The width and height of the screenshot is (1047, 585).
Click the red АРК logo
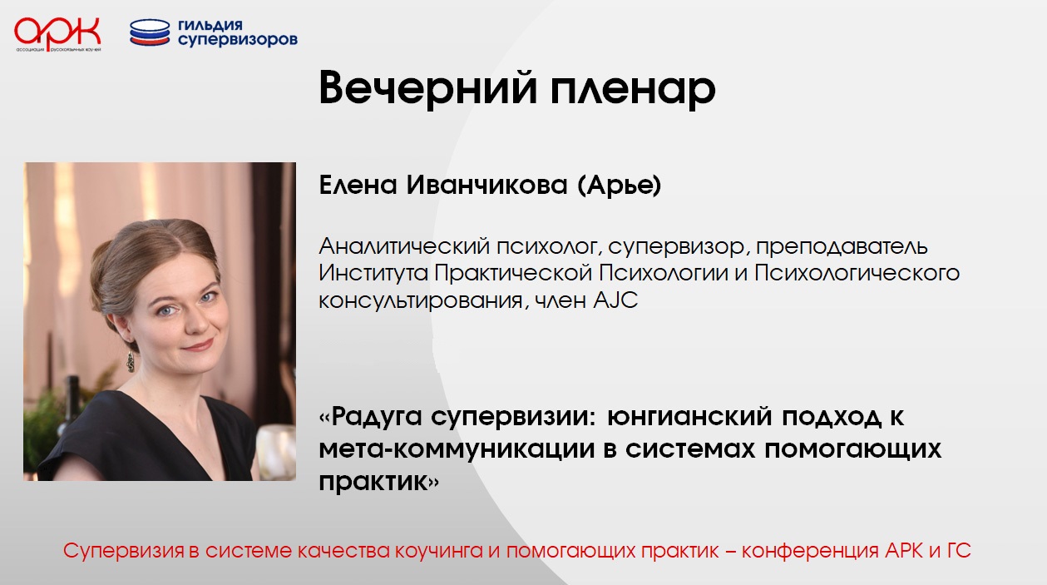[57, 34]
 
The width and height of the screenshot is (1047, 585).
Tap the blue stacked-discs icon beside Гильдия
[150, 32]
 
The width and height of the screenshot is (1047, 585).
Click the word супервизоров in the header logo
[238, 41]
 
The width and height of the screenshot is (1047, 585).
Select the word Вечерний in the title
[427, 87]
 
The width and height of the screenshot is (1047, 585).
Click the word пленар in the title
[633, 89]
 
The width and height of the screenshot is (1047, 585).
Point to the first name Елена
[358, 185]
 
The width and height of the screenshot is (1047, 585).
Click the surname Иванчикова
[486, 185]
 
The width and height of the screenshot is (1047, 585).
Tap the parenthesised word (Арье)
[620, 186]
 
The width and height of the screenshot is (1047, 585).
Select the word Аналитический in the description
[404, 245]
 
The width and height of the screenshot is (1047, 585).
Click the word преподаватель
[842, 246]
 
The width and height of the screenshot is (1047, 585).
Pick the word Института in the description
[373, 273]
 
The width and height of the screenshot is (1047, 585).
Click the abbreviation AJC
[615, 300]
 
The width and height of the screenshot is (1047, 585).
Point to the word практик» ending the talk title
[379, 482]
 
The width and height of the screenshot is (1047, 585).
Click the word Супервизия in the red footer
[124, 551]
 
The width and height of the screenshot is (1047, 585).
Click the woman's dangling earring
[131, 361]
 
